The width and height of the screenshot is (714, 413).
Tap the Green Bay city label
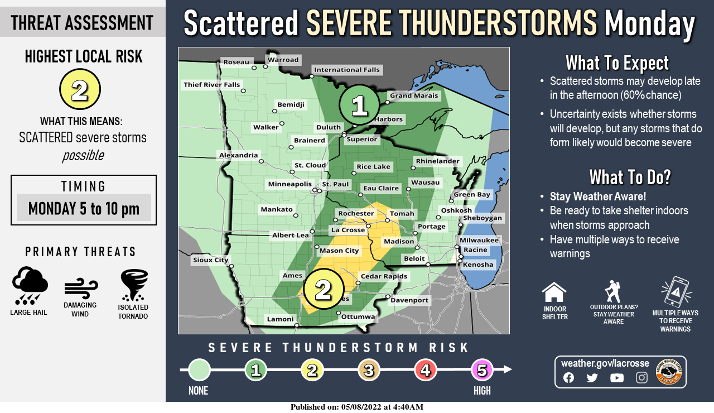pos(472,194)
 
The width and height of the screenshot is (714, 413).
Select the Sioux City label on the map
pos(210,260)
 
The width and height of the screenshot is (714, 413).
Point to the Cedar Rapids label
pos(384,276)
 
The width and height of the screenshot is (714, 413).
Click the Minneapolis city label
pos(290,184)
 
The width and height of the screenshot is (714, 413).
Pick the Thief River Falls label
pos(211,85)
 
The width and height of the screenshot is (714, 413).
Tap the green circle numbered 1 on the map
pos(359,105)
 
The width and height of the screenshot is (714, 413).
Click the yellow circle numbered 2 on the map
pos(324,289)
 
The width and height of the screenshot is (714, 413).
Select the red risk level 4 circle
pos(426,369)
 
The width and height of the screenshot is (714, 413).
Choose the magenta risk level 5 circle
pos(482,369)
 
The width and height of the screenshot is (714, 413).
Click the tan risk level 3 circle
pos(369,369)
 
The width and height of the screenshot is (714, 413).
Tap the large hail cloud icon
pos(29,285)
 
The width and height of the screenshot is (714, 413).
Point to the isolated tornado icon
pos(134,285)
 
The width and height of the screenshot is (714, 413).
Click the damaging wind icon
pos(80,288)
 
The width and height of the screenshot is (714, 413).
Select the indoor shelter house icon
pos(554,292)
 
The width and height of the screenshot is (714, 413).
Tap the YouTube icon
pos(616,378)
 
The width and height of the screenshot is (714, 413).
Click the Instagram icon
pos(641,378)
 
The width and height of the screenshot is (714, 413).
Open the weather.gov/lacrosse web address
pos(605,363)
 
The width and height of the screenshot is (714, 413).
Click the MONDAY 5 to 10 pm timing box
pos(84,208)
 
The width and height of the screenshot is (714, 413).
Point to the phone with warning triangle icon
pos(676,292)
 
